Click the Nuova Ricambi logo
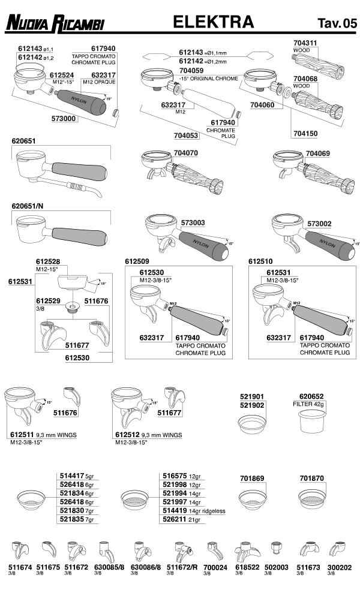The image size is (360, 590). pyautogui.click(x=55, y=23)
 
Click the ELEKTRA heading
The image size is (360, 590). pyautogui.click(x=213, y=22)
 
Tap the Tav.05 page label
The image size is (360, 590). pyautogui.click(x=337, y=23)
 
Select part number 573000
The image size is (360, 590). pyautogui.click(x=64, y=119)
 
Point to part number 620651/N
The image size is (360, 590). pyautogui.click(x=28, y=206)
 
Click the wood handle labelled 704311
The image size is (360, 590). pyautogui.click(x=318, y=65)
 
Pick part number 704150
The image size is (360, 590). pyautogui.click(x=305, y=134)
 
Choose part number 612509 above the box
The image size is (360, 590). pyautogui.click(x=137, y=261)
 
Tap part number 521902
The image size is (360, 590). pyautogui.click(x=253, y=405)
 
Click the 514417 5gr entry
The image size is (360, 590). pyautogui.click(x=77, y=476)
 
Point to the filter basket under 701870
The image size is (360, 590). pyautogui.click(x=312, y=499)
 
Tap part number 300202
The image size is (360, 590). pyautogui.click(x=340, y=567)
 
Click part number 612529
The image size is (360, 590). pyautogui.click(x=48, y=301)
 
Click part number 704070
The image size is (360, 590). pyautogui.click(x=186, y=153)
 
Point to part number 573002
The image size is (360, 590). pyautogui.click(x=319, y=224)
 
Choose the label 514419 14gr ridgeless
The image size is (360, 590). pyautogui.click(x=194, y=511)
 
